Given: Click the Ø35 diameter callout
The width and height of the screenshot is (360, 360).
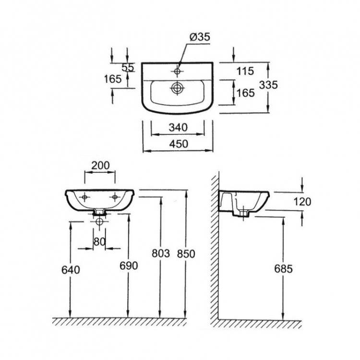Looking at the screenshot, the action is coord(200,37).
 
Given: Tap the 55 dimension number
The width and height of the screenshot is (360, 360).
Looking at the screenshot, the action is coord(128,68).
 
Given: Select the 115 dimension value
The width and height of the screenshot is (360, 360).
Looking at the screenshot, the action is coord(245,71).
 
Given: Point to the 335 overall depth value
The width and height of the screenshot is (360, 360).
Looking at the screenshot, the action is coord(268,84).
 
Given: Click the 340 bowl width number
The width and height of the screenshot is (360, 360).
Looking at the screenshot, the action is coord(179,127).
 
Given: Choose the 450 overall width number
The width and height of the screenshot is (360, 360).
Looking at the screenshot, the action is coord(179,144).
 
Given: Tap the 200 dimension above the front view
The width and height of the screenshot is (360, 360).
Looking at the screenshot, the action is coord(101,165).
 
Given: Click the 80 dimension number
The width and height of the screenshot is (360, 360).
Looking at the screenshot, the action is coord(99,241).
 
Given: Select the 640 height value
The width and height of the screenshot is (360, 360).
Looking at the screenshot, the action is coord(71,270).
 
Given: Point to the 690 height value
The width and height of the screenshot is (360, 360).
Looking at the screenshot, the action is coord(129,265).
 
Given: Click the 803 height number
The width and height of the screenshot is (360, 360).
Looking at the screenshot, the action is coord(161,253).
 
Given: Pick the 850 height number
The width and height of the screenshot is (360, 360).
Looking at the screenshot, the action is coord(186,254).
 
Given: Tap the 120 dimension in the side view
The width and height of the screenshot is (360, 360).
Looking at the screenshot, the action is coord(302,202).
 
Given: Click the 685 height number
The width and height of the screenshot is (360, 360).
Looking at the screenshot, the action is coord(284,269).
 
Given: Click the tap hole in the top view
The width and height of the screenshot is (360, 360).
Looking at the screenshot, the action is coord(177,71).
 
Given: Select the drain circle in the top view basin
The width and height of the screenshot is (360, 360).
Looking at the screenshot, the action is coord(177,88).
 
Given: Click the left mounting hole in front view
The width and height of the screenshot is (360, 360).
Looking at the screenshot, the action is coord(84,197).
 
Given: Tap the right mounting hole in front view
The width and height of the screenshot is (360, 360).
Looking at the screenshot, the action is coord(115,197).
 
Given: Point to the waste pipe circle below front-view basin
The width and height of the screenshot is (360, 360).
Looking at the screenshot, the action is coord(99,222).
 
